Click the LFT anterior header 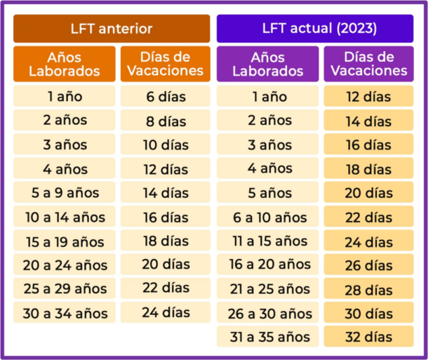pos(112,29)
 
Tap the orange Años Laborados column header pos(65,63)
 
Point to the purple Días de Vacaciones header pos(368,63)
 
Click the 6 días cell pos(166,97)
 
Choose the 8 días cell pos(166,121)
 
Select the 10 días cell pos(166,145)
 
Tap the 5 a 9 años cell pos(65,192)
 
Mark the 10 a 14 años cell pos(65,217)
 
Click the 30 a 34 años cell pos(65,313)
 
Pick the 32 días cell pos(368,337)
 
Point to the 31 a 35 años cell pos(269,337)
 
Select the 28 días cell pos(368,289)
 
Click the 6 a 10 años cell pos(269,217)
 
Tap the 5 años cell pos(269,192)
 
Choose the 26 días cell pos(368,265)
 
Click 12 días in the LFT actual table pos(368,97)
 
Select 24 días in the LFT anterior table pos(166,313)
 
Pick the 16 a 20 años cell pos(269,265)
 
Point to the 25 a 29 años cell pos(65,289)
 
